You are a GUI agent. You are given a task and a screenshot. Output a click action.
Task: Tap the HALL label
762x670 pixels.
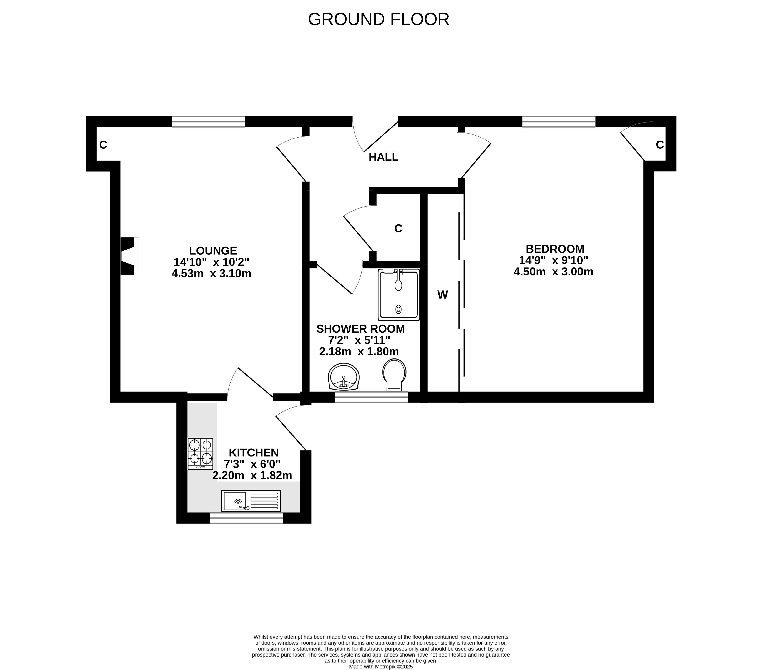point(384,157)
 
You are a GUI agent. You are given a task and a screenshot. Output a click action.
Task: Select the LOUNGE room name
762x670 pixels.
point(213,250)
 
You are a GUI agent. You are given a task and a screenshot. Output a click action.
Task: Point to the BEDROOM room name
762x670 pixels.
point(555,249)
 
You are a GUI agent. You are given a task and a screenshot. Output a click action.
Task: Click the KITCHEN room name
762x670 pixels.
point(254,453)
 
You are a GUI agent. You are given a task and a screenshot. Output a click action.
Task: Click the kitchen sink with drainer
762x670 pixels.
point(251,501)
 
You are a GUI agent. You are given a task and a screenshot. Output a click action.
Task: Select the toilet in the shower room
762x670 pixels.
point(394,375)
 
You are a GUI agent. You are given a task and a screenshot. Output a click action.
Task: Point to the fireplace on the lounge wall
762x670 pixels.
point(129,256)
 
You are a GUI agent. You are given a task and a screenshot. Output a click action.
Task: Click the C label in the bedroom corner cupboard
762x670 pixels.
point(660,145)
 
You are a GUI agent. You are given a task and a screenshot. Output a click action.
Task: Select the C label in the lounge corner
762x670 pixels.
point(103,145)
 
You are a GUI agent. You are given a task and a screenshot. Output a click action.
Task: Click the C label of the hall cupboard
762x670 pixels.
point(398,228)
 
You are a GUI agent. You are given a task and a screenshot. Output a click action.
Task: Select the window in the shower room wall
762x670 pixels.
point(372,397)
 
